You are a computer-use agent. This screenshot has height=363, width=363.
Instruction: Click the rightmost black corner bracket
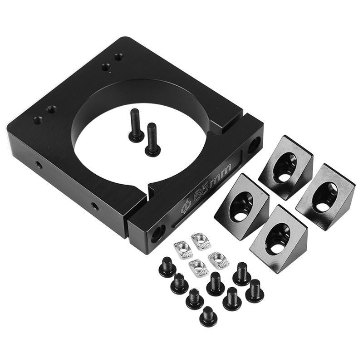pos(325,196)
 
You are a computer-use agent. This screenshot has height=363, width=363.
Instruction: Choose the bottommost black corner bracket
pos(279,239)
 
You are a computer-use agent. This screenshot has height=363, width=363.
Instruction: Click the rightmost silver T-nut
pos(218,261)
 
